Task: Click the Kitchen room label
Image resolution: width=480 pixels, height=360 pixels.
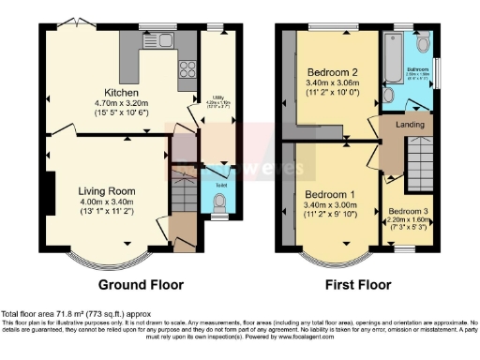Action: (x=122, y=94)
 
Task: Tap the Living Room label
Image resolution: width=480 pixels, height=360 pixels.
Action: (x=107, y=190)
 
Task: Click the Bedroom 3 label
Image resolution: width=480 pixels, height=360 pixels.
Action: (x=409, y=212)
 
